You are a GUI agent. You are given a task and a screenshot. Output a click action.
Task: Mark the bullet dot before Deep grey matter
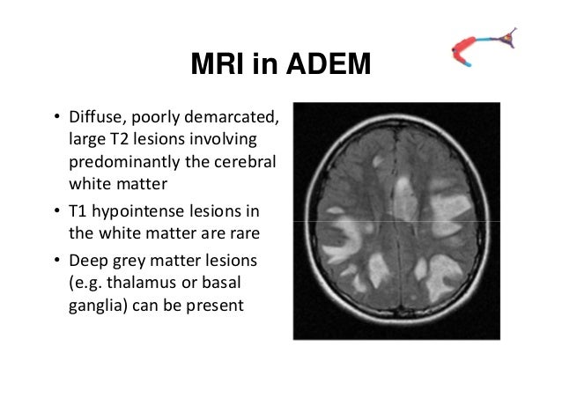(55, 265)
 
